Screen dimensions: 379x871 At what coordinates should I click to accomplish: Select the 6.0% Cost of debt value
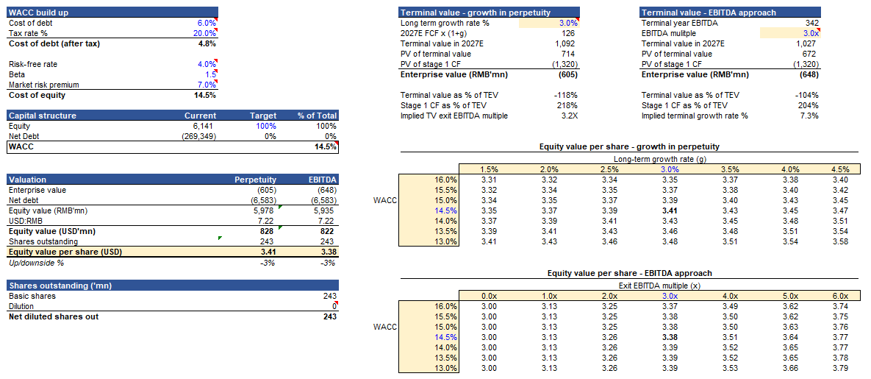[x=206, y=23]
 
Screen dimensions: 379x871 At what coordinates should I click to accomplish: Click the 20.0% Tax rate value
[x=205, y=33]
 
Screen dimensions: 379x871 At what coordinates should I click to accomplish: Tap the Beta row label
[x=17, y=74]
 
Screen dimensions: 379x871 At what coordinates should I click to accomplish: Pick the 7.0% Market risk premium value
[x=206, y=85]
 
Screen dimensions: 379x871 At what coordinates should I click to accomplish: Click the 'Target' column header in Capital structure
[x=264, y=116]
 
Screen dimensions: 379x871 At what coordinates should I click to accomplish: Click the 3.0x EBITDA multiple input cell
[x=809, y=33]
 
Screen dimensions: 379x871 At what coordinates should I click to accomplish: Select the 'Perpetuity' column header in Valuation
[x=255, y=179]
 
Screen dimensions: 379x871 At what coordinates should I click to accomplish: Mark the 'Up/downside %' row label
[x=36, y=262]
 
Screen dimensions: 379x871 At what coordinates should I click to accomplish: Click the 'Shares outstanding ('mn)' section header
[x=59, y=285]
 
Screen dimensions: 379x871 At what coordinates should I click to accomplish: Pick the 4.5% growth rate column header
[x=839, y=169]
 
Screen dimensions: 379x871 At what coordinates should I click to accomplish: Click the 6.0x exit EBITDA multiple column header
[x=839, y=296]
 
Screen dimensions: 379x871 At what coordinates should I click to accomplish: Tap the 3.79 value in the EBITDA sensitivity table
[x=839, y=368]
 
